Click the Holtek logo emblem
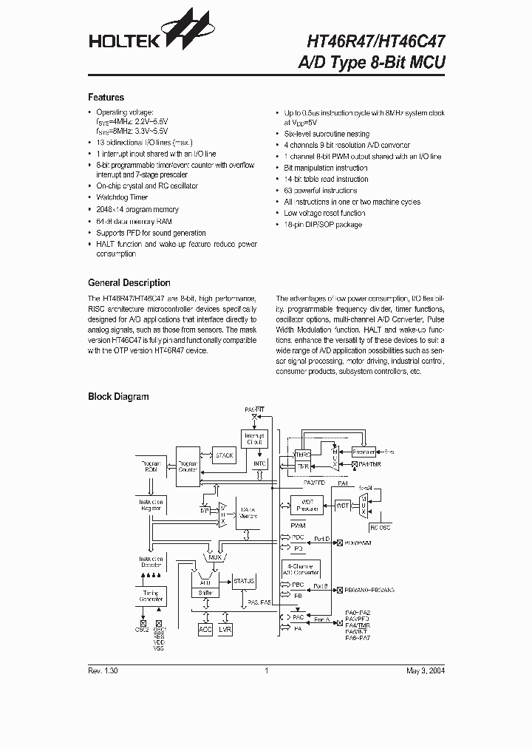tap(191, 32)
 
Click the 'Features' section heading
tap(106, 98)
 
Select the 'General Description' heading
tap(129, 283)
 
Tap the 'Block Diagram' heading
tap(118, 397)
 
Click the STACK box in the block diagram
tap(223, 455)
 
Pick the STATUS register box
tap(244, 582)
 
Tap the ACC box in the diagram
tap(205, 629)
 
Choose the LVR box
tap(225, 629)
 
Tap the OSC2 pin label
tap(142, 630)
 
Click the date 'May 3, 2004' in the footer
tap(426, 671)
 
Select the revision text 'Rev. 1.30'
tap(103, 671)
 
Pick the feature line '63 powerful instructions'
tap(320, 190)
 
